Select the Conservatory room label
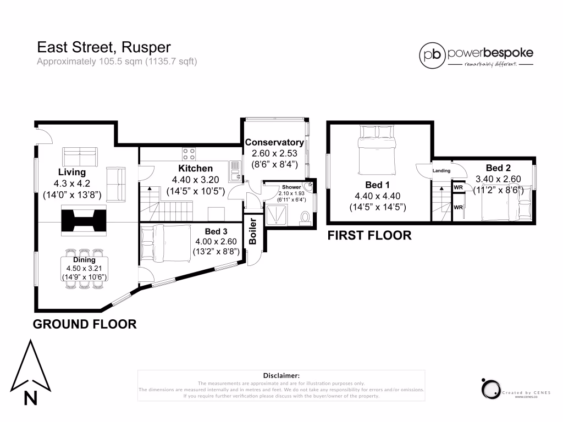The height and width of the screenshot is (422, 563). (x=274, y=143)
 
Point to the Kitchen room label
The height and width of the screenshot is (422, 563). (x=195, y=169)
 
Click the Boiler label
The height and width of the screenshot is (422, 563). (x=253, y=231)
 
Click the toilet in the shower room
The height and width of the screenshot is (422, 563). (x=307, y=219)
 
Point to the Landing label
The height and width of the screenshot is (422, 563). (x=441, y=171)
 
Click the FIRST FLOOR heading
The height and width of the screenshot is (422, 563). (x=369, y=236)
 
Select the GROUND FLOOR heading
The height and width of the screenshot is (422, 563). (x=85, y=324)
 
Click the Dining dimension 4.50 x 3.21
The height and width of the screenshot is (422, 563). (x=84, y=268)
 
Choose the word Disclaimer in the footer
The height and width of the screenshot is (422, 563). (x=281, y=375)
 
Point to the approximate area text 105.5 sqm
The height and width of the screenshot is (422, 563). (x=117, y=62)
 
